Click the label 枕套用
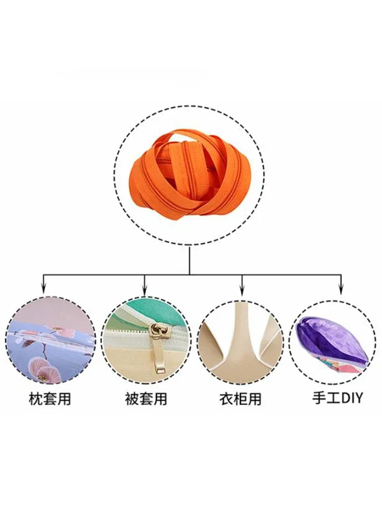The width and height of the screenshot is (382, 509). click(x=50, y=399)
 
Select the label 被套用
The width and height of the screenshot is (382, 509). click(x=146, y=399)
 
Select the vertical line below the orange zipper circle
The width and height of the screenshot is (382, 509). click(x=189, y=260)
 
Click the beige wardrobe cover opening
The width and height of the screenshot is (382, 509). click(x=239, y=336)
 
